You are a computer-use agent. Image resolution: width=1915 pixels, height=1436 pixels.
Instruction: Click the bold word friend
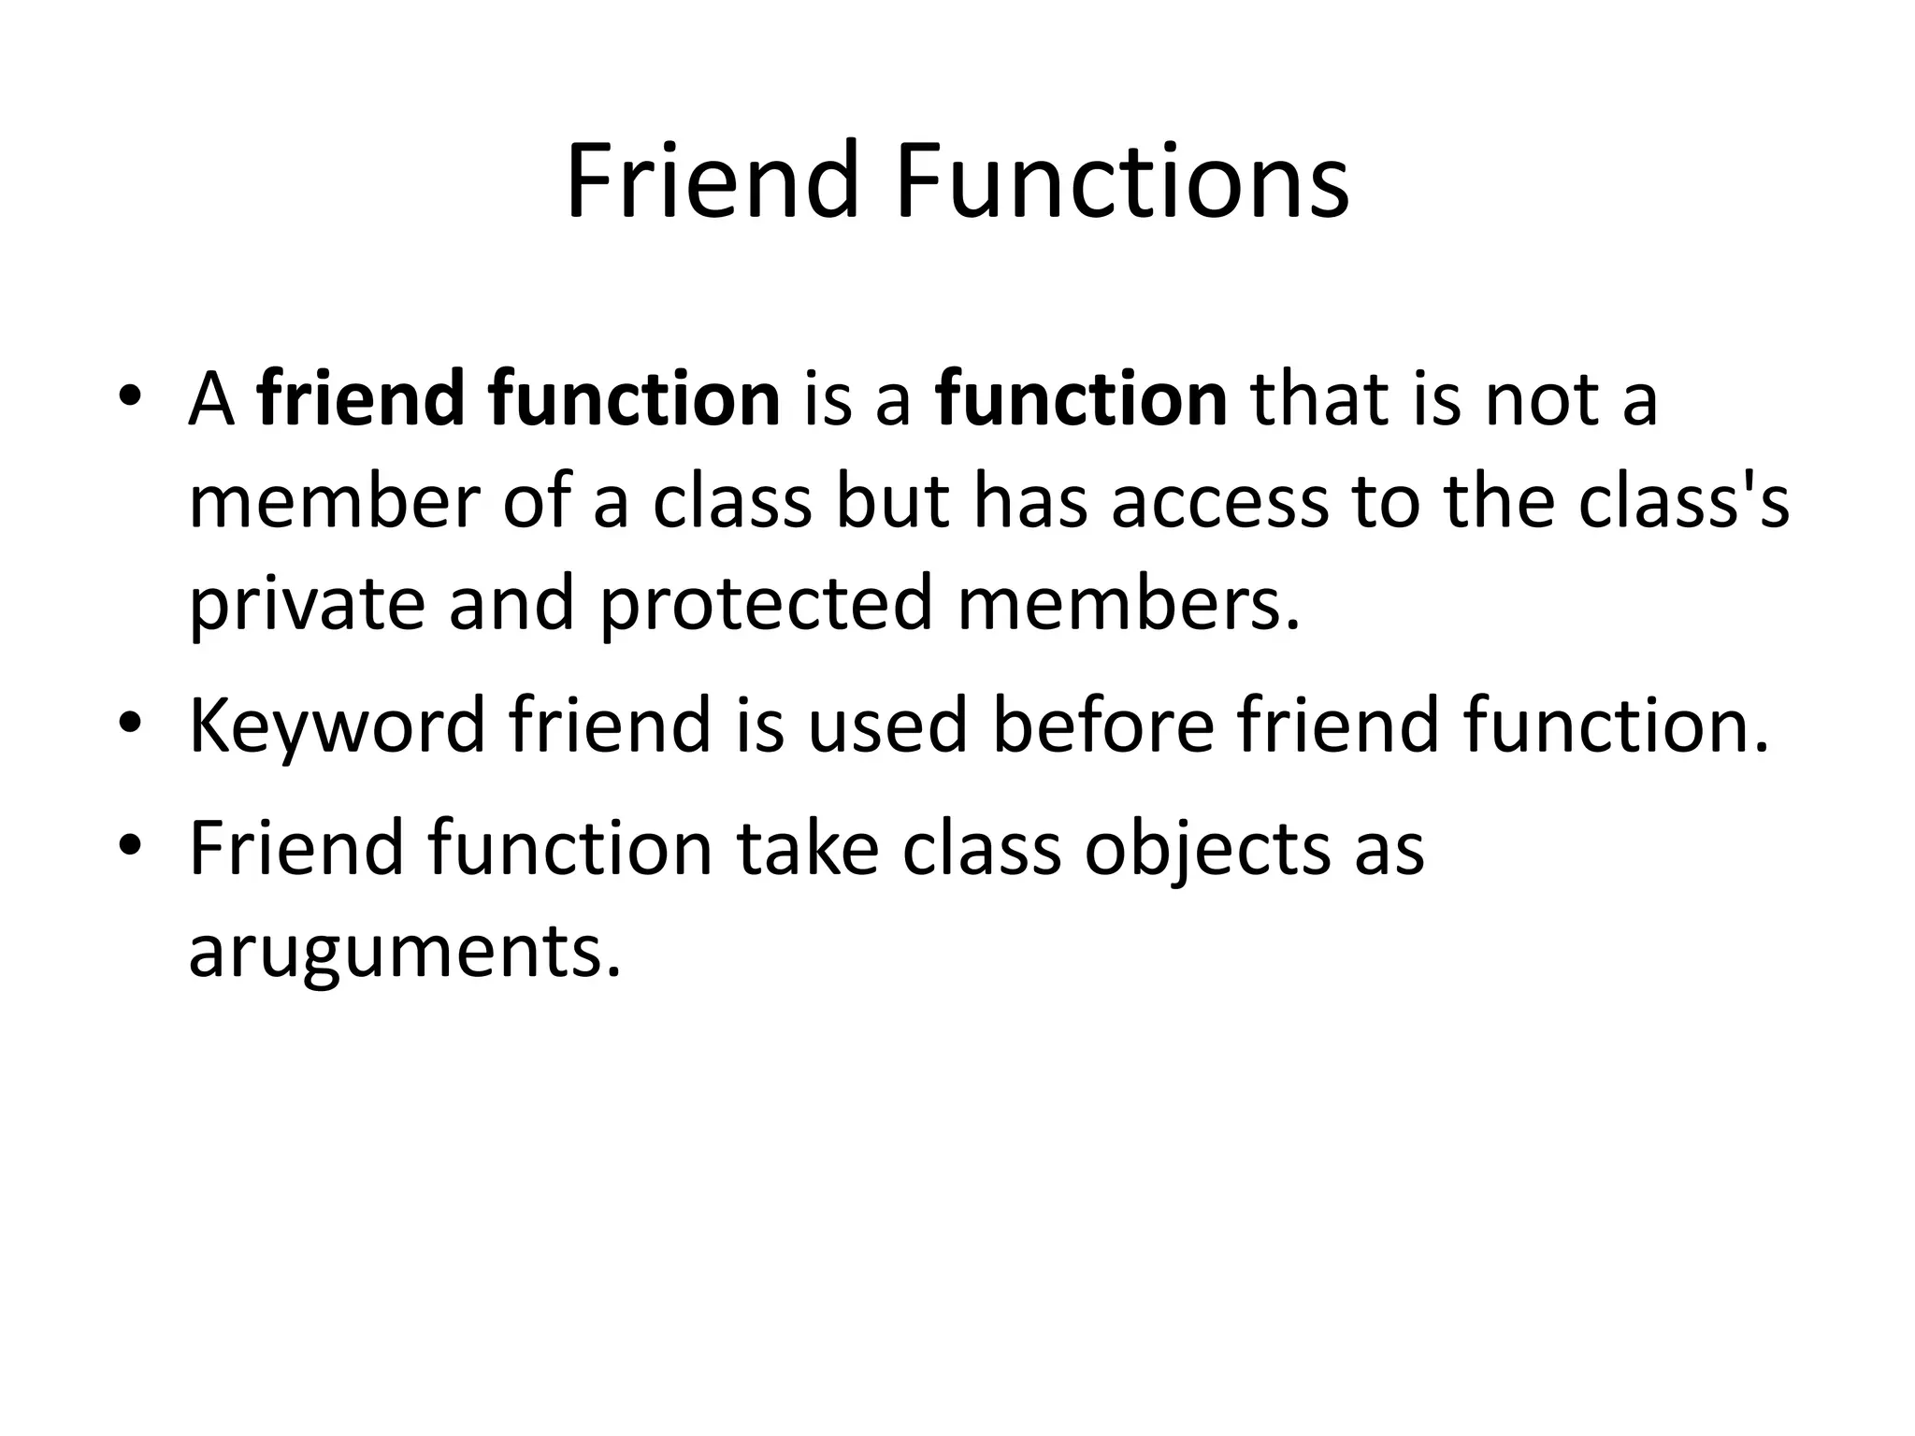click(x=360, y=400)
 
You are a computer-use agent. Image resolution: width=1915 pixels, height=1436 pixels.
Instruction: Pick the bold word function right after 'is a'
click(x=1082, y=400)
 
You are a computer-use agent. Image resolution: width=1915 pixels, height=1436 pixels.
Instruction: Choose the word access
click(x=1220, y=502)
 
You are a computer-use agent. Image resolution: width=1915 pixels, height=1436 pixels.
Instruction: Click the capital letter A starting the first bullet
click(x=210, y=400)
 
